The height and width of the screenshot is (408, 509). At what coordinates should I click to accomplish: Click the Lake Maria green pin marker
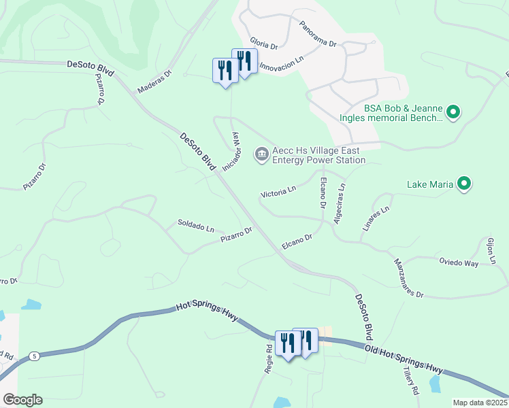pyautogui.click(x=465, y=184)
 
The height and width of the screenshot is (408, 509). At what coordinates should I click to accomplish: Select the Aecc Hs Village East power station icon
pyautogui.click(x=261, y=155)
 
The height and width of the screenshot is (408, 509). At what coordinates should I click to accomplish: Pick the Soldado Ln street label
pyautogui.click(x=196, y=224)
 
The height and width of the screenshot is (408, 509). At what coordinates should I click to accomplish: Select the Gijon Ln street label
pyautogui.click(x=490, y=251)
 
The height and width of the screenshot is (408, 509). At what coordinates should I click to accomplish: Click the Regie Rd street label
pyautogui.click(x=269, y=356)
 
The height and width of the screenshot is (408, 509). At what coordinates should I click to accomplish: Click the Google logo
pyautogui.click(x=22, y=400)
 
